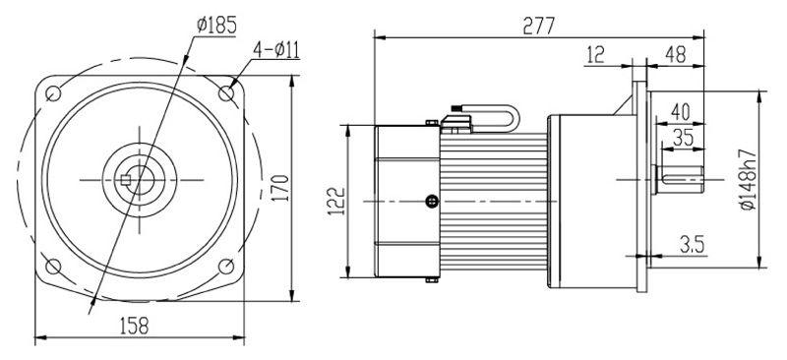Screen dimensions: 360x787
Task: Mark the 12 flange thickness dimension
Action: point(594,55)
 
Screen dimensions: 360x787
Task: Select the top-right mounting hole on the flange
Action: point(227,92)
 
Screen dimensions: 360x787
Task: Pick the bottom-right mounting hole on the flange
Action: point(227,266)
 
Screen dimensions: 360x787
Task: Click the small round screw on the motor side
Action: point(431,202)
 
